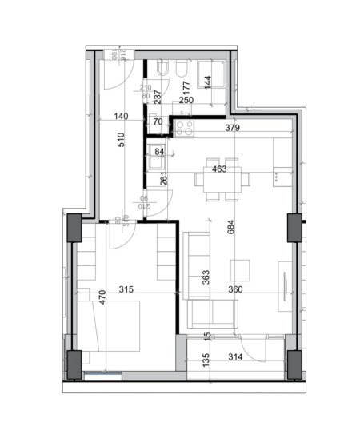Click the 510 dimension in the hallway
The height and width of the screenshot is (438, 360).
[120, 145]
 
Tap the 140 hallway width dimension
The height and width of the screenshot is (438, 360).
[121, 117]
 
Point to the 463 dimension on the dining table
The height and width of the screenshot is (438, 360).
[219, 169]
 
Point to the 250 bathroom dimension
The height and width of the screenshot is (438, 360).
[186, 99]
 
